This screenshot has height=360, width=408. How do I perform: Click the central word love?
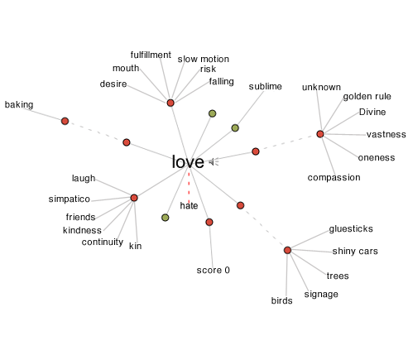tap(188, 161)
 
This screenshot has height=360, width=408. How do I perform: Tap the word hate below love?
tap(189, 205)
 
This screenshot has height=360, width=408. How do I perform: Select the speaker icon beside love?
tap(214, 162)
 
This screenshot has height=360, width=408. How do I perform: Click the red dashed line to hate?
tap(189, 187)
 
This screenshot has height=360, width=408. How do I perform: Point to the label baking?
tap(19, 105)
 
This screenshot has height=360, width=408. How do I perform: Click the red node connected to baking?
tap(65, 121)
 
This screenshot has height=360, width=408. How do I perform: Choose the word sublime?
tap(265, 87)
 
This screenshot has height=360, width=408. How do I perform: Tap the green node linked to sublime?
tap(235, 128)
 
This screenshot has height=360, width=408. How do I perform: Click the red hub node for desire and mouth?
tap(170, 103)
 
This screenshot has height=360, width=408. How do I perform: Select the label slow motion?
tap(204, 59)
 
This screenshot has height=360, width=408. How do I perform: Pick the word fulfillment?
tap(151, 55)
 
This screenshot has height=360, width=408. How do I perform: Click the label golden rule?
tap(367, 97)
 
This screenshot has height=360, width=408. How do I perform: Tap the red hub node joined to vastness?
tap(320, 134)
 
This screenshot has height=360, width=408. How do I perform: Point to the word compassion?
tap(334, 178)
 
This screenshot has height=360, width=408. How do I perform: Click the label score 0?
tap(213, 270)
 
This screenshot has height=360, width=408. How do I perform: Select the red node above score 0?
tap(209, 223)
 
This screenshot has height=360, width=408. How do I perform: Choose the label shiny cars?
tap(355, 252)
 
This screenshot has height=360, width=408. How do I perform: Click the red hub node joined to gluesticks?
tap(287, 250)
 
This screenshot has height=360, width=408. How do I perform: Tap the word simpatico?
tap(70, 199)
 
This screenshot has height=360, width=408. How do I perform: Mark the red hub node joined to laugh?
tap(134, 198)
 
